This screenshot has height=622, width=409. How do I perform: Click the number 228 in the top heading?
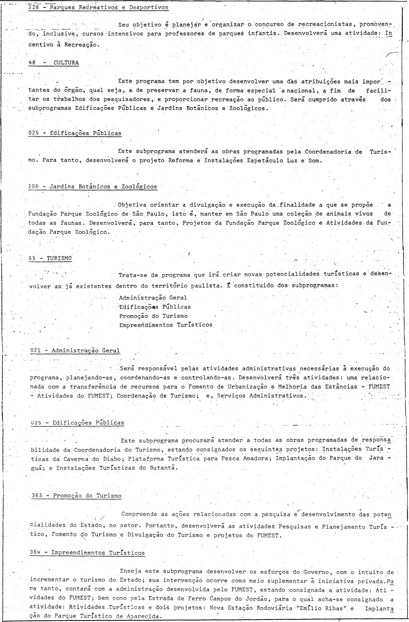pos(33,7)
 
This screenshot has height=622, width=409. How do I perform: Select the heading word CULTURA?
pos(66,63)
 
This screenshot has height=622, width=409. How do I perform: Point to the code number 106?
pos(34,187)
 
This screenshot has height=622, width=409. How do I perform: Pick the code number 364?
pos(35,553)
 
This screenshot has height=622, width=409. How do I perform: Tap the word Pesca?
pos(242,459)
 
